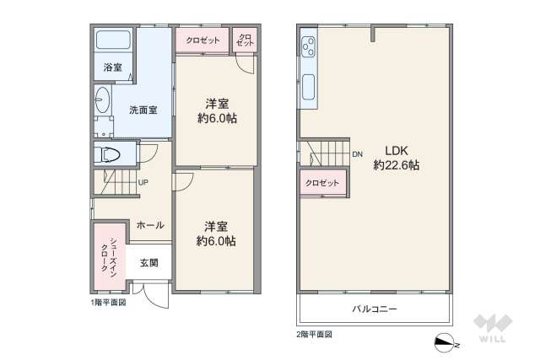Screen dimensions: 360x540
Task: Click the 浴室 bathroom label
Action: (x=111, y=66)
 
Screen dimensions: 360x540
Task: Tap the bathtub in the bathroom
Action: (x=112, y=40)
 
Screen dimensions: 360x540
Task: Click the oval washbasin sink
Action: (x=102, y=100)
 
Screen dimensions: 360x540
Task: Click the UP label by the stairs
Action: (x=143, y=182)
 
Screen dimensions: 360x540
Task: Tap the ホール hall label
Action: (x=149, y=225)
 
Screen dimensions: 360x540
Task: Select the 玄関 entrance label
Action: (x=149, y=263)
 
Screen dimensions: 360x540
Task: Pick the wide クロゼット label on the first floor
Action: (x=202, y=40)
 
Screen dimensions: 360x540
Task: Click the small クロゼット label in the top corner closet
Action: (x=245, y=40)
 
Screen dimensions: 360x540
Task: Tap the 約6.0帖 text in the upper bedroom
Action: (x=217, y=119)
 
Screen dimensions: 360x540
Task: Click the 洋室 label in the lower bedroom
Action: (x=215, y=225)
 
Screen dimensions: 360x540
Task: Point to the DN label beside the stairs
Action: (x=357, y=154)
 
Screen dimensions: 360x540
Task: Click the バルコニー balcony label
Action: (x=375, y=309)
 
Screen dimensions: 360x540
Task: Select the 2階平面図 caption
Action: (x=314, y=335)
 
